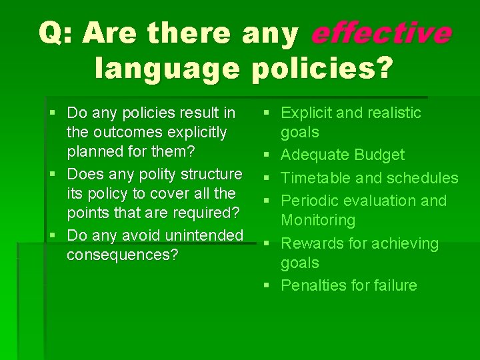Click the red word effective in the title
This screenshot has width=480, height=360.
[381, 34]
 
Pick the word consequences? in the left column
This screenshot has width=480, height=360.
[122, 255]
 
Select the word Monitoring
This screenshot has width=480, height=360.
[318, 220]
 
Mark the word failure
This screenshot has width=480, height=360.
[394, 285]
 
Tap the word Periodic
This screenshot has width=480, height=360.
[312, 201]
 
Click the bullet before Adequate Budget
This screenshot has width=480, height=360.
[267, 155]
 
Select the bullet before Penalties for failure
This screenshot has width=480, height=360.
[267, 286]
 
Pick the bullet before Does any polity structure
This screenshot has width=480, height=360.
[53, 175]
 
